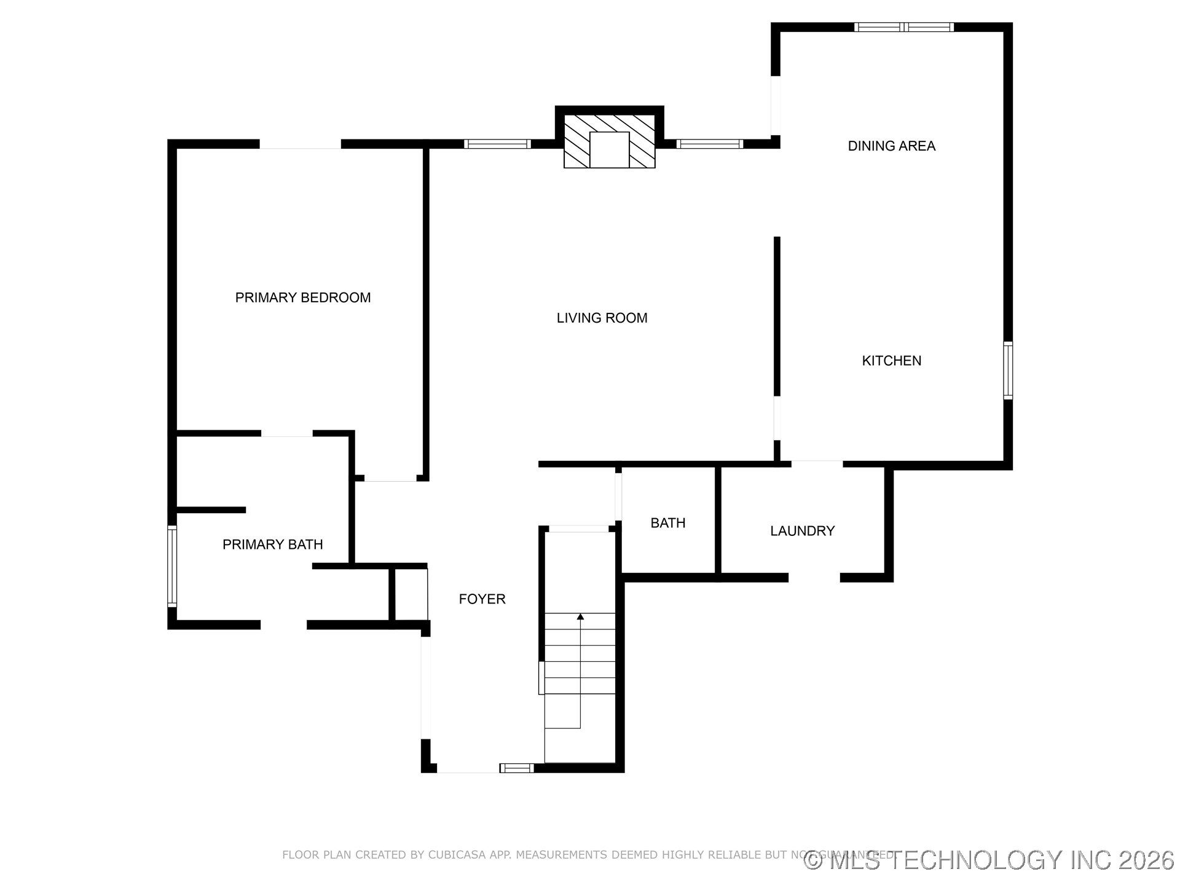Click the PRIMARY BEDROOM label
(x=303, y=297)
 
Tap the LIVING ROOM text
(x=602, y=318)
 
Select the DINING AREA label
(x=891, y=146)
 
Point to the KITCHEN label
(x=891, y=361)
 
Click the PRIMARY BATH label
(x=272, y=545)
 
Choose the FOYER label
(x=482, y=599)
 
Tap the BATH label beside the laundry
(x=667, y=523)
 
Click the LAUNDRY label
(x=802, y=531)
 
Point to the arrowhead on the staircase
(x=580, y=616)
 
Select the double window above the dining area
(x=903, y=27)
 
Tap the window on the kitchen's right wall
(x=1008, y=371)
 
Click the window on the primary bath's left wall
(x=172, y=567)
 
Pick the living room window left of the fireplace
(x=497, y=144)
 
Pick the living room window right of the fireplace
(x=710, y=144)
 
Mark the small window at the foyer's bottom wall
(x=516, y=768)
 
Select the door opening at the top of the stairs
(x=578, y=529)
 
